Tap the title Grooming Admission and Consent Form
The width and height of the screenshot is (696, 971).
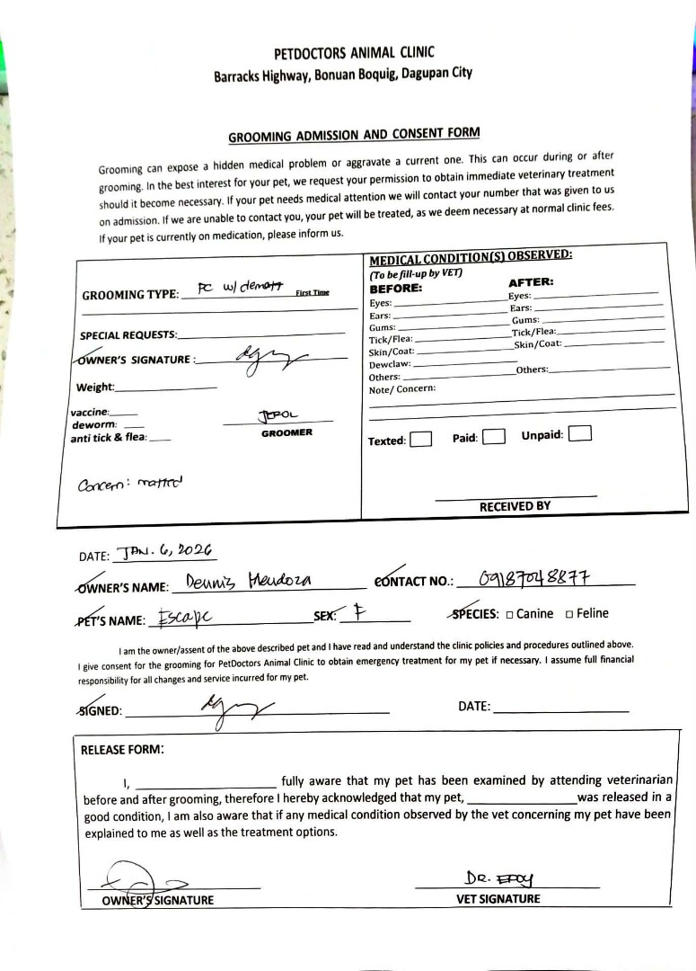point(354,136)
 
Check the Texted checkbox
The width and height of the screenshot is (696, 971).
point(421,440)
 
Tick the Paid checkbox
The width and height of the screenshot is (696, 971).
point(493,437)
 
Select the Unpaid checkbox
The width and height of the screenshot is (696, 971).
point(580,433)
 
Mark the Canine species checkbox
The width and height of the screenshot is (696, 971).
point(510,615)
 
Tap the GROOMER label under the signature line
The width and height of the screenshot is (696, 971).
point(286,432)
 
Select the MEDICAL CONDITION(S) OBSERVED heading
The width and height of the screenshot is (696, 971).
point(471,255)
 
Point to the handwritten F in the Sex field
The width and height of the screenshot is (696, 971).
point(358,614)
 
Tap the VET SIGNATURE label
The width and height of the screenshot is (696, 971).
point(498,898)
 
